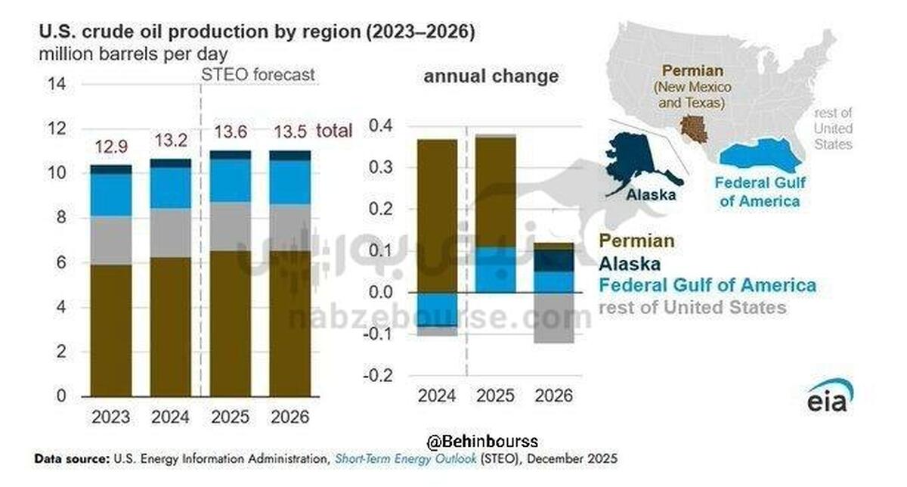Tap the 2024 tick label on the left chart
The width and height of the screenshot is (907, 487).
pos(170,417)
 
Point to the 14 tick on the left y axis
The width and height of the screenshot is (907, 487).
pos(57,84)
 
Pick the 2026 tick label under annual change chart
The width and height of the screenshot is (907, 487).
pos(555,395)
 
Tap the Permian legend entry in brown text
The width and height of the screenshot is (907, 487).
pos(636,242)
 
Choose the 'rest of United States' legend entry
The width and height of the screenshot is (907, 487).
pos(692,308)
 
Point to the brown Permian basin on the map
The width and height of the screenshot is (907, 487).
pos(693,130)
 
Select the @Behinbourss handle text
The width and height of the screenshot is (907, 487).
pos(481,441)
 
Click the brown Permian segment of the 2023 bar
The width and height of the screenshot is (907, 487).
pos(110,330)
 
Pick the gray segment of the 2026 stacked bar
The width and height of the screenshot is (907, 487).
pos(289,227)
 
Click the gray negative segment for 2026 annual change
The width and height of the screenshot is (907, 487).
pos(555,318)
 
